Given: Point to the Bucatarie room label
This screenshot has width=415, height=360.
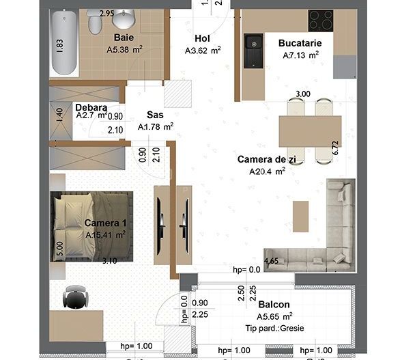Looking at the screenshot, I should (x=300, y=43).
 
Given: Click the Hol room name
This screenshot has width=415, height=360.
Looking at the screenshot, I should (x=202, y=38).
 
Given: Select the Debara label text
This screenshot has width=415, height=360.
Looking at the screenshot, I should (x=91, y=107).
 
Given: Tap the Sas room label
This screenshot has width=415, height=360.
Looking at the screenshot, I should (x=154, y=115).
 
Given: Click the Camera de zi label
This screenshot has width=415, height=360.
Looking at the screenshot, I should (x=261, y=159).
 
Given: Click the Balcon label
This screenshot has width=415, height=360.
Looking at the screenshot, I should (x=274, y=305).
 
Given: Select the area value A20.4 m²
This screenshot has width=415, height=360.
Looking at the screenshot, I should (x=267, y=171).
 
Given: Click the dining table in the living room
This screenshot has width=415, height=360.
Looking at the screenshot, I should (x=309, y=130).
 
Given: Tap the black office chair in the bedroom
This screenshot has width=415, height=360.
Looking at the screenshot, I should (x=74, y=297).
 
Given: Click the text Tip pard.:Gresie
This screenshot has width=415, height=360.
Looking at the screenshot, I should (x=274, y=328).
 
